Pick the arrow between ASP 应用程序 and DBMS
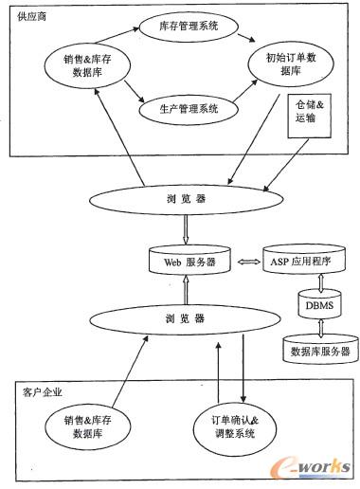(318, 281)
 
